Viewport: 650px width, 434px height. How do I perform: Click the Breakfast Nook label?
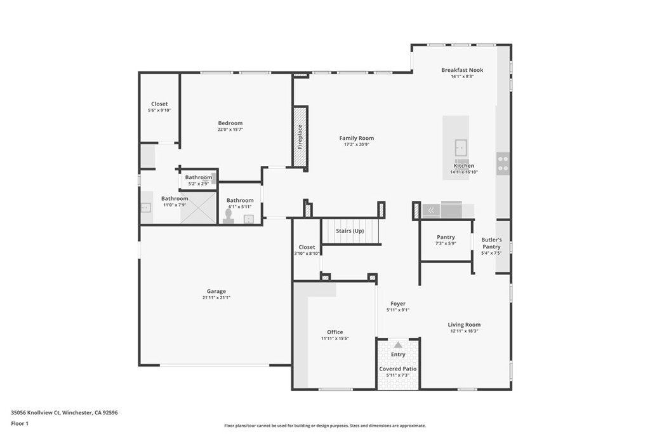tap(462, 70)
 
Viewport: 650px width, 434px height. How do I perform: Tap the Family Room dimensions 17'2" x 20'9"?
tap(356, 145)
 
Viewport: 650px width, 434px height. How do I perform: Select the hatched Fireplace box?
tap(300, 137)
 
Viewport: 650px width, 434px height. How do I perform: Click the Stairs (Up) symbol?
tap(350, 231)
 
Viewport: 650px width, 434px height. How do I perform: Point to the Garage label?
tap(216, 292)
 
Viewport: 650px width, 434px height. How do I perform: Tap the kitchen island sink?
tap(461, 147)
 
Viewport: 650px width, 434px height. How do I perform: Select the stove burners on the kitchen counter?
tap(503, 164)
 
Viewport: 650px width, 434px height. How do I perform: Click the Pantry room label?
tap(446, 237)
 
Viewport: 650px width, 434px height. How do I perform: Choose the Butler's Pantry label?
tap(491, 243)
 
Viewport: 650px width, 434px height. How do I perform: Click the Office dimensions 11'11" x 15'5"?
tap(335, 339)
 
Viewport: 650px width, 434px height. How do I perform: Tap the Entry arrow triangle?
tap(398, 344)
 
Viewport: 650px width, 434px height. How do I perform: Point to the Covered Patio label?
tap(398, 369)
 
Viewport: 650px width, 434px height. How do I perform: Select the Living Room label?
tap(464, 325)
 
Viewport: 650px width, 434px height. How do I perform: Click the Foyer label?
tap(398, 304)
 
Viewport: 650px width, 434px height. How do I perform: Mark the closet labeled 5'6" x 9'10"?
tap(159, 107)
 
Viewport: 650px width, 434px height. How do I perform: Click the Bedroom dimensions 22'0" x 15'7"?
tap(230, 130)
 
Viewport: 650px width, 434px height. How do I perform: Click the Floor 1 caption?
tap(19, 423)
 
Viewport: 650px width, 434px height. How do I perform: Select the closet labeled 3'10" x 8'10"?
tap(307, 250)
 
